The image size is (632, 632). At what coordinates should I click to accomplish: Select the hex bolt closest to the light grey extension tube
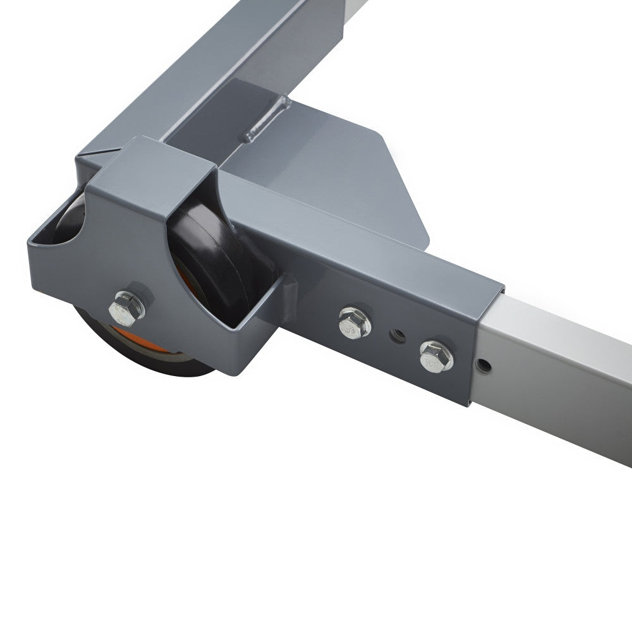(435, 355)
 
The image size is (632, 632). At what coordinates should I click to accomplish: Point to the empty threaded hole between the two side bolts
(396, 333)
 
